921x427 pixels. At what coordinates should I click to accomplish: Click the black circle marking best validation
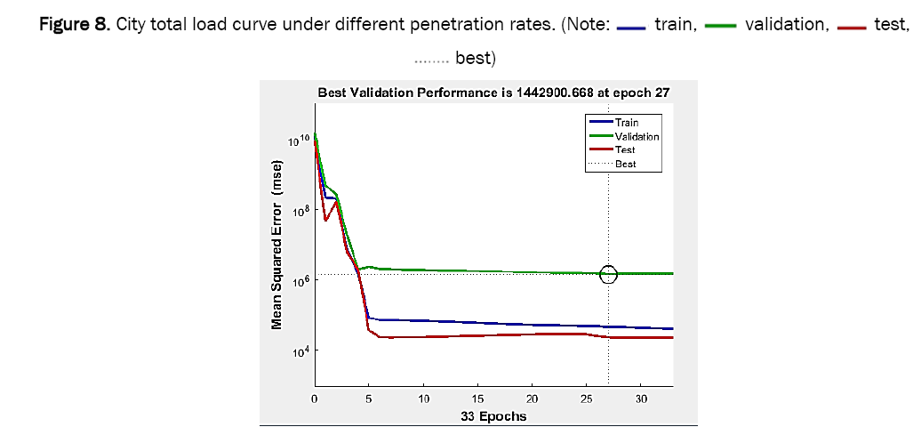608,274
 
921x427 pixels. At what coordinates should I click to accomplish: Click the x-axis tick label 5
369,399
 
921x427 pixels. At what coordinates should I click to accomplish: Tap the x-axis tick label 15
478,399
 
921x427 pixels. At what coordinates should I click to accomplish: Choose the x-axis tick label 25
587,399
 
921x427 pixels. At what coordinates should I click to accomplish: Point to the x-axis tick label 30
641,399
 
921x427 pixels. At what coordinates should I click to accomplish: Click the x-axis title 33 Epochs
494,415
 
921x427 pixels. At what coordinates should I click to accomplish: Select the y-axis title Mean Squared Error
277,245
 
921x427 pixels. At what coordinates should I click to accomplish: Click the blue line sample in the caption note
630,27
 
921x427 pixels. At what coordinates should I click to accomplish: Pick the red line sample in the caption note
851,27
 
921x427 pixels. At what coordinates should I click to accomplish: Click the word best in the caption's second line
475,60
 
